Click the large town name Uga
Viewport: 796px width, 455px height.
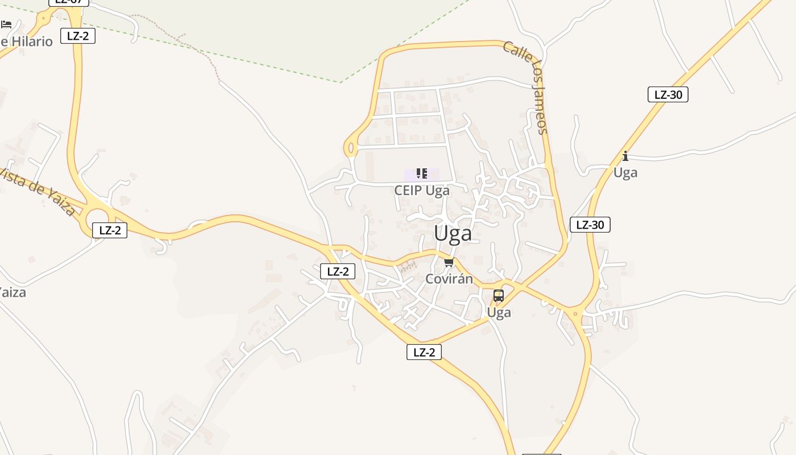[x=453, y=234]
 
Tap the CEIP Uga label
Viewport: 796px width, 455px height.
[x=422, y=191]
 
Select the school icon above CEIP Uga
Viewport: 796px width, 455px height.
[x=422, y=173]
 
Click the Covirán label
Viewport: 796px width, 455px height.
[x=449, y=279]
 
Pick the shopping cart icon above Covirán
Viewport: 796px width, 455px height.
[x=449, y=263]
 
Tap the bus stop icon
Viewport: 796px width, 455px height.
[x=499, y=296]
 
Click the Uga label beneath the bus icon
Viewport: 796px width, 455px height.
[x=499, y=312]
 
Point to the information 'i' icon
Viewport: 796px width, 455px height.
[x=625, y=156]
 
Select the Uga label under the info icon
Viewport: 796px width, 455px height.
[x=625, y=172]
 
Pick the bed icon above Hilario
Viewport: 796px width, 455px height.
[x=6, y=24]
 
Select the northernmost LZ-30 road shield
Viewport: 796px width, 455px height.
[x=668, y=94]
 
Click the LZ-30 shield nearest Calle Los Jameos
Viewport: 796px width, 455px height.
[x=590, y=225]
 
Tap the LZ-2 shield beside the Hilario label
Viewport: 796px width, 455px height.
[x=78, y=36]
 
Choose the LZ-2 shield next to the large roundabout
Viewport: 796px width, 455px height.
[x=110, y=230]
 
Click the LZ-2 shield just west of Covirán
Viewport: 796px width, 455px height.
[x=338, y=271]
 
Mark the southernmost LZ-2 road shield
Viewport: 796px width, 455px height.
[x=424, y=352]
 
